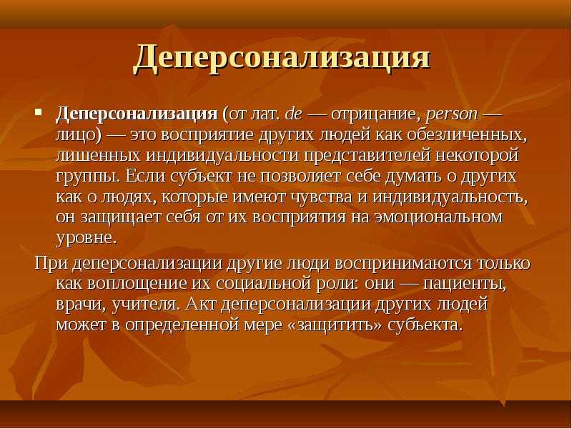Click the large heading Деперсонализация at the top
tap(282, 59)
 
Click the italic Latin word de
tap(293, 114)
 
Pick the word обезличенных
tap(468, 135)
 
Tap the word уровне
tap(87, 239)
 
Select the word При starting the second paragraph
tap(51, 263)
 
